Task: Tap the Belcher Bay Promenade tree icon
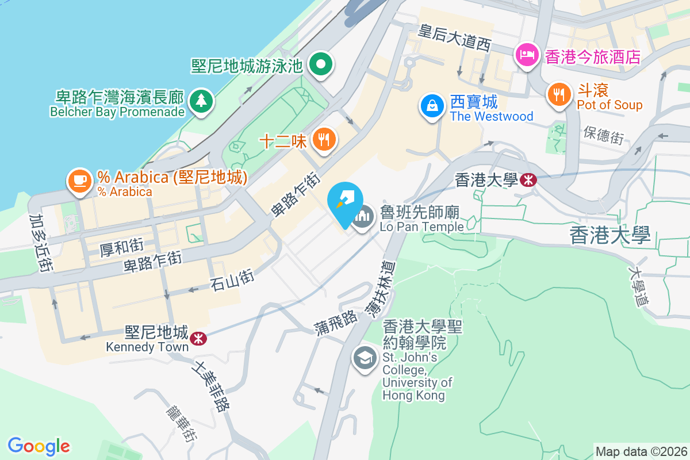point(201,102)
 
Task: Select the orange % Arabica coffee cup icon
point(79,180)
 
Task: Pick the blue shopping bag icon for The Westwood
point(431,105)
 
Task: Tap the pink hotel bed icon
point(527,55)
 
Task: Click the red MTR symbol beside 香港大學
point(528,181)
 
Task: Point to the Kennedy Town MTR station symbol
point(198,338)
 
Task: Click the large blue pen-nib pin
point(345,202)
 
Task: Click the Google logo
point(39,446)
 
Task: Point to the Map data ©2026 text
point(641,451)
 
